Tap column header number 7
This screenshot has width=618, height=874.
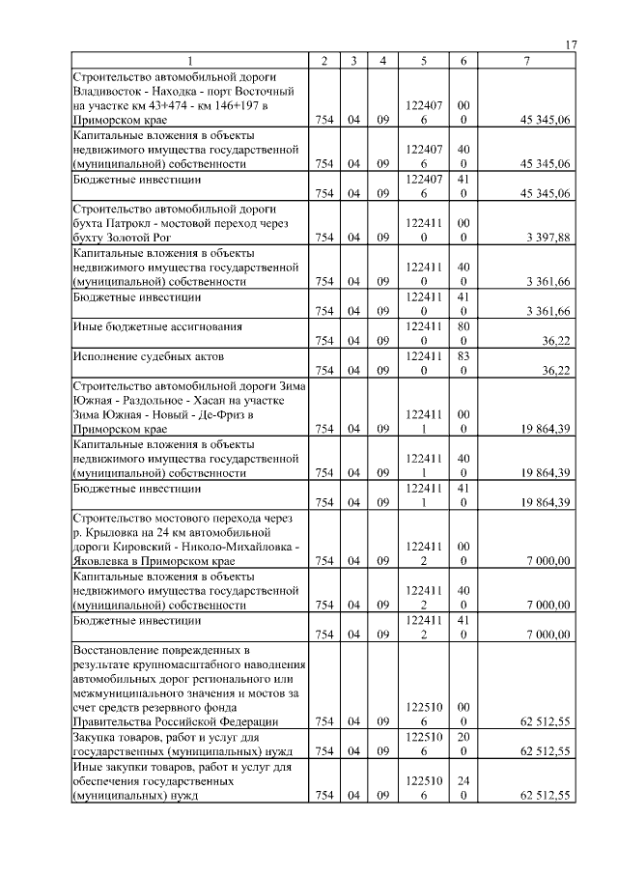pos(526,62)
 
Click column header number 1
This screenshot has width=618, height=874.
pos(189,62)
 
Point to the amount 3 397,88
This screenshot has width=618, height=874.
pos(547,237)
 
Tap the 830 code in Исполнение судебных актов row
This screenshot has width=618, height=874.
pos(463,361)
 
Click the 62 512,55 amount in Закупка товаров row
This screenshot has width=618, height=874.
pos(544,749)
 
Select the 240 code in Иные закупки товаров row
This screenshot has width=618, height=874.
pos(463,786)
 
